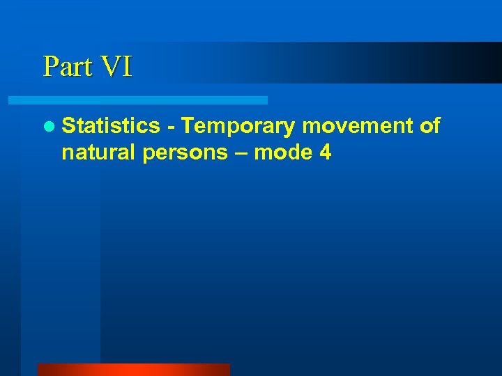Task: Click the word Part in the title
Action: point(68,67)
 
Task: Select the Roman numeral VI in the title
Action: point(116,67)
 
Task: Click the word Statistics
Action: point(111,126)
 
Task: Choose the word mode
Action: point(283,152)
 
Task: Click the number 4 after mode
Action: point(324,152)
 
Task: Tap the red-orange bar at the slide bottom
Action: point(133,370)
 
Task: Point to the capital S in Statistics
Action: point(68,126)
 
